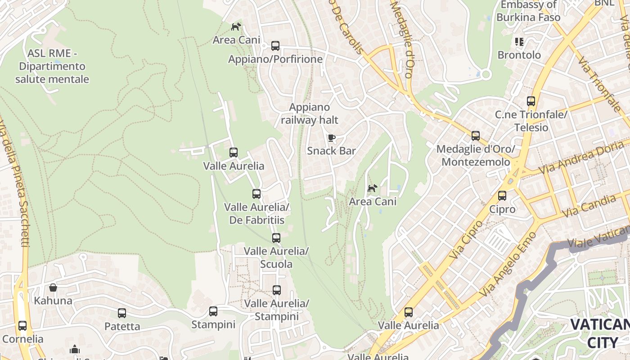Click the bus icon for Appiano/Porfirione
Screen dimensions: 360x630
[275, 46]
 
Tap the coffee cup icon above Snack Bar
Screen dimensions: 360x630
[332, 138]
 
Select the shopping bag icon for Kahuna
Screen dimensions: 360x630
[53, 288]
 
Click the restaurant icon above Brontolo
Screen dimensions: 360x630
[519, 42]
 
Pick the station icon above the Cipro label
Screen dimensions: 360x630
[502, 196]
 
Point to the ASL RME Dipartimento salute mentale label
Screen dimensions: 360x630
[52, 66]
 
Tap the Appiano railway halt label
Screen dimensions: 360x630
[310, 114]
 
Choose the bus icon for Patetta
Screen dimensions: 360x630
[122, 313]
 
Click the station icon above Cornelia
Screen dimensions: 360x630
[22, 325]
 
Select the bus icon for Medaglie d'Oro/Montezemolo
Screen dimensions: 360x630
[476, 135]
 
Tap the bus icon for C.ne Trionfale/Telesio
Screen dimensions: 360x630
[531, 101]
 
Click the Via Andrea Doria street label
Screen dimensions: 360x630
[583, 157]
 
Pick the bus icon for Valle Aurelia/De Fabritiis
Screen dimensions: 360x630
[256, 194]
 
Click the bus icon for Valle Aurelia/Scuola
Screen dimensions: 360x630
[276, 238]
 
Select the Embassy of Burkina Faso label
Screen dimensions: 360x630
[528, 11]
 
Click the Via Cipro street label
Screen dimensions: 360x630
[465, 240]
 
